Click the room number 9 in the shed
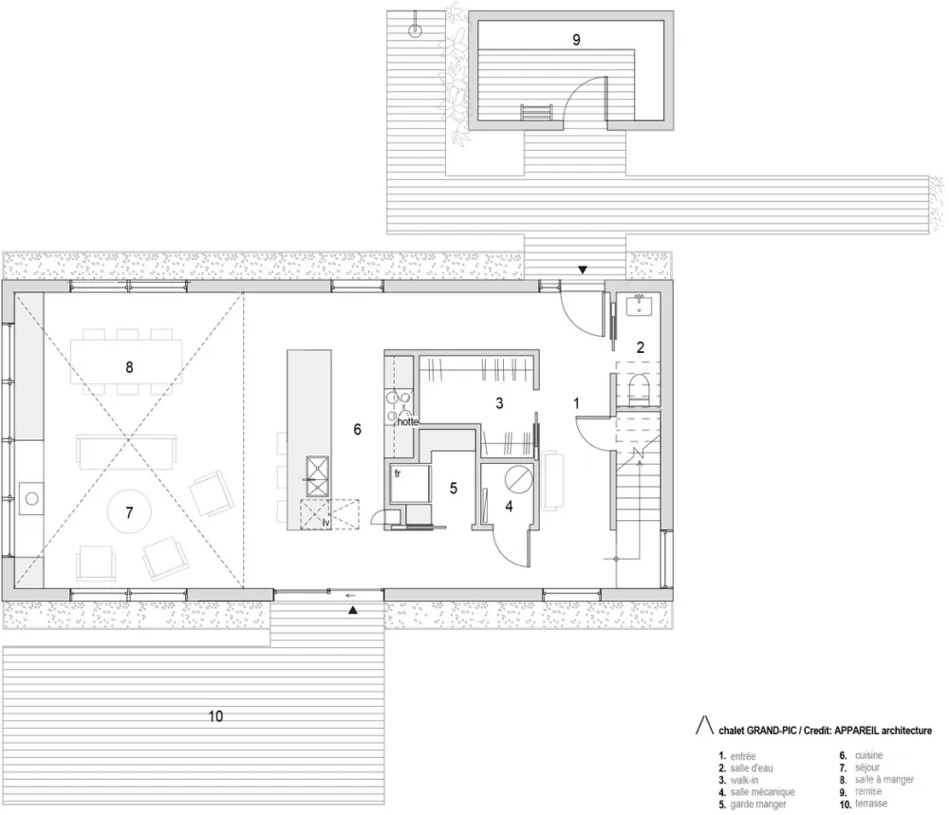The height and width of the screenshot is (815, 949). [x=575, y=39]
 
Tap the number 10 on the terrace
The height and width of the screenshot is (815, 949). [x=215, y=717]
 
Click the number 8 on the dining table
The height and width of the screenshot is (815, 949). [x=129, y=364]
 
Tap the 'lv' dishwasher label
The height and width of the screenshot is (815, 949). [x=326, y=521]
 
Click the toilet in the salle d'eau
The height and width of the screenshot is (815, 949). [x=639, y=389]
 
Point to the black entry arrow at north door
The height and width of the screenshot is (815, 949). [x=583, y=269]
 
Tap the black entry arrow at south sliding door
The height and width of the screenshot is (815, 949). [x=353, y=612]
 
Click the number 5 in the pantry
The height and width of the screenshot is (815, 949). [x=454, y=489]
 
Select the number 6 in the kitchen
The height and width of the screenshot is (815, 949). [x=357, y=429]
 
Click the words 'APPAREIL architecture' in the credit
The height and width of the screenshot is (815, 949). [x=880, y=730]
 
